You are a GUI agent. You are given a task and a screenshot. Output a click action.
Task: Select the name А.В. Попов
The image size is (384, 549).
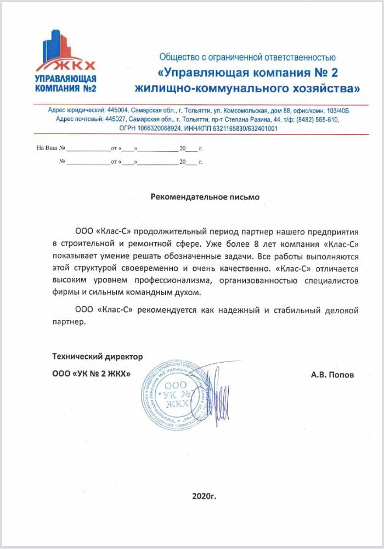point(332,375)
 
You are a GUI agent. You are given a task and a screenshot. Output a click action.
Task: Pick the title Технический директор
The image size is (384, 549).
point(97,357)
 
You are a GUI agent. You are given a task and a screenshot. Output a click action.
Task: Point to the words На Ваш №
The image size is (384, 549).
point(50,148)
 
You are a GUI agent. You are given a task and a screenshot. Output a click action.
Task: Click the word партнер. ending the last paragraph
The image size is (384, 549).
point(70,323)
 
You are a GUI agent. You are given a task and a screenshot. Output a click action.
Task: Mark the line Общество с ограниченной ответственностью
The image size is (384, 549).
point(247,57)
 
